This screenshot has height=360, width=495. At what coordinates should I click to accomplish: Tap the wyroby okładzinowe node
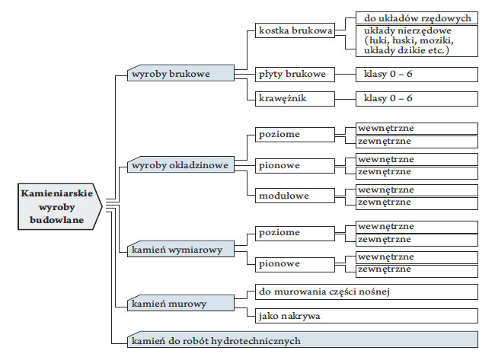click(180, 165)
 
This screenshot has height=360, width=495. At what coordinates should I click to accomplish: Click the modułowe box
click(292, 196)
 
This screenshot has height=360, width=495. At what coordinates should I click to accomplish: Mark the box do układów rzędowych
click(417, 18)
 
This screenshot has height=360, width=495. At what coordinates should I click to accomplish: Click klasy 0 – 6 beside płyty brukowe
click(416, 74)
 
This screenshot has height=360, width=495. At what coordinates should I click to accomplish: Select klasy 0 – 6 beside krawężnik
click(416, 98)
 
